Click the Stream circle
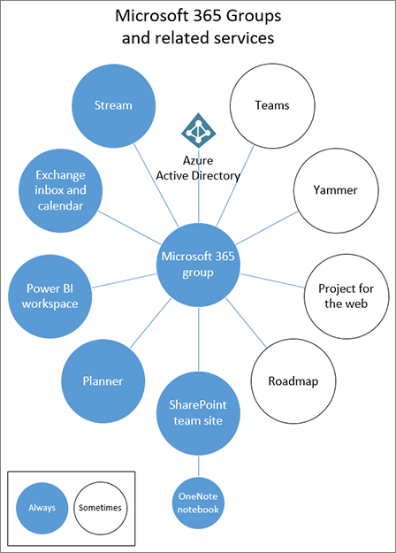(112, 105)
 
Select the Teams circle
(272, 105)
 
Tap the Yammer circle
(335, 189)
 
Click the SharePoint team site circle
(199, 411)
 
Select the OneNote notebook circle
(199, 502)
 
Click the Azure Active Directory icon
(198, 131)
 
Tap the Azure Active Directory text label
(198, 168)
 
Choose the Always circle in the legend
(41, 507)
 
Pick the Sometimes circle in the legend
(99, 507)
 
